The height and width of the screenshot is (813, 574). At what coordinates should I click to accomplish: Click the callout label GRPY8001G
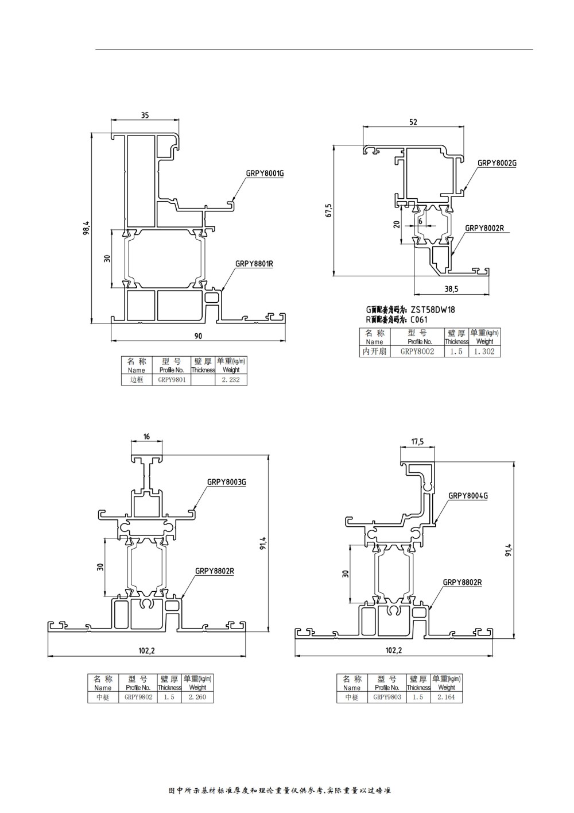click(265, 173)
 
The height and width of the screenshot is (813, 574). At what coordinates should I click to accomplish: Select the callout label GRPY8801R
click(254, 264)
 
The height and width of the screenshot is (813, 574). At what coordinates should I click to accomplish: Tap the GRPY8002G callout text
click(497, 163)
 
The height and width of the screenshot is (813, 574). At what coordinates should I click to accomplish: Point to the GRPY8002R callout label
click(484, 228)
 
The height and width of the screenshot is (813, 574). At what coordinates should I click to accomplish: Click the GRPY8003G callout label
click(227, 482)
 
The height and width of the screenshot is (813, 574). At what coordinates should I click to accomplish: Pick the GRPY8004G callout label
click(468, 495)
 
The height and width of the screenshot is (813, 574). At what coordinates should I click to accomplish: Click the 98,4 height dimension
click(86, 229)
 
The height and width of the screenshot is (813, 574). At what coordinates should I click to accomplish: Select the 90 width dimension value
click(199, 336)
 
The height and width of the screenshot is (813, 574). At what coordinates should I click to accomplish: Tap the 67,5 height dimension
click(328, 210)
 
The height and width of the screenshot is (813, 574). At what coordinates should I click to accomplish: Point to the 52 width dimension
click(413, 122)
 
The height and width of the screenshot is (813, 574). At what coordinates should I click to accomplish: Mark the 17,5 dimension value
click(417, 442)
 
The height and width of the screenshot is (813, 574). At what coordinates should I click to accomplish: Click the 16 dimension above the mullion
click(146, 437)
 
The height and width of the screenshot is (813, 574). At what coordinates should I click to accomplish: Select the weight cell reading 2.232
click(231, 380)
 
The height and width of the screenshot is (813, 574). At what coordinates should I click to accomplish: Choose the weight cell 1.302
click(484, 351)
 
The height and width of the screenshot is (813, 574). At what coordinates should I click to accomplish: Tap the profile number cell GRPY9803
click(386, 697)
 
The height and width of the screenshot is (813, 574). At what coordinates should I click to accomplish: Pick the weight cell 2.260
click(197, 697)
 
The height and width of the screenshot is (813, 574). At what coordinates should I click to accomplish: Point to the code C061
click(419, 320)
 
